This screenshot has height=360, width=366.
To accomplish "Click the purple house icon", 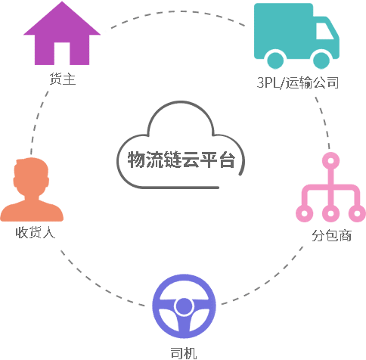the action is coord(62,34).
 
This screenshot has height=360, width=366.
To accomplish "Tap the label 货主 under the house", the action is coord(62,79).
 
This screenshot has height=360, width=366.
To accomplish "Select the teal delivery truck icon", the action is coord(296,36).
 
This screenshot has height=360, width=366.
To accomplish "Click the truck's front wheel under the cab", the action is coord(321,61).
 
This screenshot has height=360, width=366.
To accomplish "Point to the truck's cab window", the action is coord(324,31).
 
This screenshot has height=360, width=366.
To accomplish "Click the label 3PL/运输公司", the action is coord(297,82).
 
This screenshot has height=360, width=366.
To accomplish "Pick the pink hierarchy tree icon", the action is coord(330,188).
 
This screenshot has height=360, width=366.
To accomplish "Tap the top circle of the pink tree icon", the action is coord(331,161).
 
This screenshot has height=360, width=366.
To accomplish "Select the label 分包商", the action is coord(331,236).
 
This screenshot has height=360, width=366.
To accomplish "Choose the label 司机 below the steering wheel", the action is coord(184,353).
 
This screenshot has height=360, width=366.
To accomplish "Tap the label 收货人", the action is coord(35,232).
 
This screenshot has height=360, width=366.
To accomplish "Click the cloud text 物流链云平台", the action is coord(181,160).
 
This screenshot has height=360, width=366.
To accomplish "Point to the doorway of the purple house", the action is coord(62,54).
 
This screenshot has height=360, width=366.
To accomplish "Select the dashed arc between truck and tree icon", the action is coord(324,122).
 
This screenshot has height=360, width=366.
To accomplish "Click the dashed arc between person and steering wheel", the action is coord(98,284).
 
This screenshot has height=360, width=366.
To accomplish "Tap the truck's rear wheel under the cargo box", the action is coord(275,61).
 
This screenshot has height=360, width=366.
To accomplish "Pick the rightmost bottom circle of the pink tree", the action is coord(357,214).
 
